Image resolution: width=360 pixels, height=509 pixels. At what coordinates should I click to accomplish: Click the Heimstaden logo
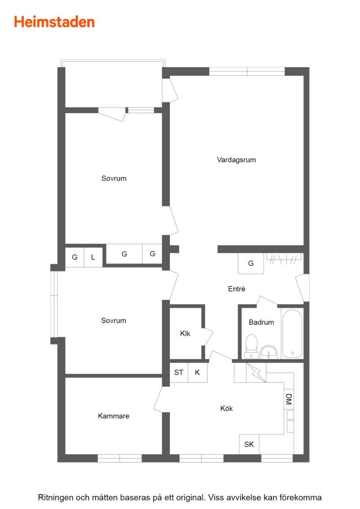coord(54,22)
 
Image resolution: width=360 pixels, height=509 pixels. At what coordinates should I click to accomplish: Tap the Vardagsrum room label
coord(236,159)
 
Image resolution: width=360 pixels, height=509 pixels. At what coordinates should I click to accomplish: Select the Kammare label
coord(113,416)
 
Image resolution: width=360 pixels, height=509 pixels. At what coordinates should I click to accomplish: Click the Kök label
coord(226,408)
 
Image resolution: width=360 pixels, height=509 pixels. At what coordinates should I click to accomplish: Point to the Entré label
coord(237,288)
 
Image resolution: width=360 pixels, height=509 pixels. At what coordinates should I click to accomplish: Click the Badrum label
coord(262,322)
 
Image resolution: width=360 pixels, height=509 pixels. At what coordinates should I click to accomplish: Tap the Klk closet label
coord(185,333)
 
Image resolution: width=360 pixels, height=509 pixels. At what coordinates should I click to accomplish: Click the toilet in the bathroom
coord(251,346)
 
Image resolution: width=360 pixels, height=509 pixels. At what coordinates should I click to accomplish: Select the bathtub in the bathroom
coord(292,334)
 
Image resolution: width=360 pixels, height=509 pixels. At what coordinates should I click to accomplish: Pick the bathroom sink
coord(269,352)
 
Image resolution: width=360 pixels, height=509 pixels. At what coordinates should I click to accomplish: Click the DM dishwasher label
coord(289,399)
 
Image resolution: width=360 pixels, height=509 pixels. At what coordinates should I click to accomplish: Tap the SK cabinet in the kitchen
coord(249,444)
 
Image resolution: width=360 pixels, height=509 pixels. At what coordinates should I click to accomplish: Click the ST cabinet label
coord(179,372)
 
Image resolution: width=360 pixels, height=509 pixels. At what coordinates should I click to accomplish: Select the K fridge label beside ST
coord(197,372)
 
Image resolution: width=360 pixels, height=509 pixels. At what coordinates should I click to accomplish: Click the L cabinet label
coord(93,257)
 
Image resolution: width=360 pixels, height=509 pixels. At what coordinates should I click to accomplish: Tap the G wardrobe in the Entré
coord(251,263)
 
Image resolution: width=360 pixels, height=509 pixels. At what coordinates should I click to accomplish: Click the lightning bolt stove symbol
coord(256,372)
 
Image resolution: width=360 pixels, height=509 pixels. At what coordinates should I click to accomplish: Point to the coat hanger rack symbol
coord(284,258)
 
